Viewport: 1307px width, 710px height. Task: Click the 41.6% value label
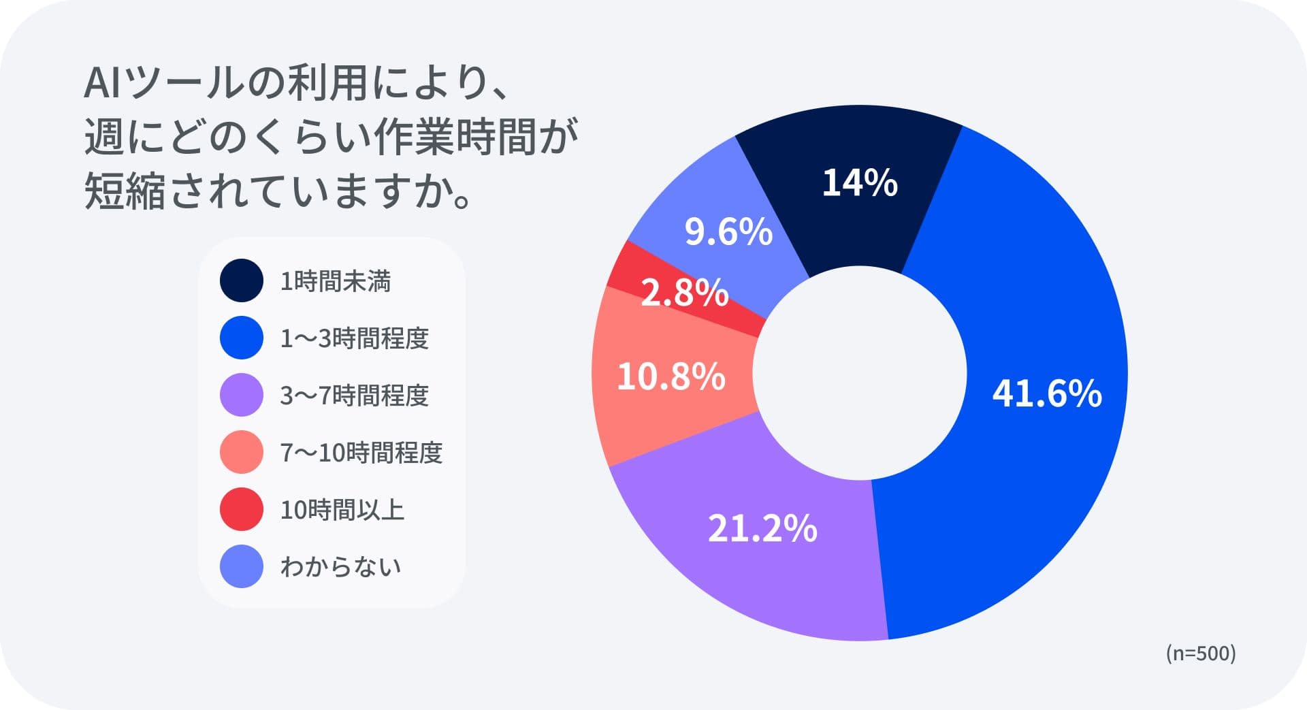point(1046,393)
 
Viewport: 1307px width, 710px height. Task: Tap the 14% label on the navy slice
point(860,182)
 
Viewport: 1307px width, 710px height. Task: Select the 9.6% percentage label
point(728,231)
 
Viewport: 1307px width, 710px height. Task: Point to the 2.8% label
point(684,293)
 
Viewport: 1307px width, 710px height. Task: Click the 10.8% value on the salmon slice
point(671,376)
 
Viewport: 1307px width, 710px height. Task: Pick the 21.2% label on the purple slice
point(762,528)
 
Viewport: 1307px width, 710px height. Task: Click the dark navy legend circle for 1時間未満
point(242,280)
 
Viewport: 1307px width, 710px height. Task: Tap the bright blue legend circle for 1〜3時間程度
point(242,338)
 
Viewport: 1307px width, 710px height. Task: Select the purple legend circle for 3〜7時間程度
point(242,395)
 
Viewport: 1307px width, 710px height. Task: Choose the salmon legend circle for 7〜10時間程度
point(242,452)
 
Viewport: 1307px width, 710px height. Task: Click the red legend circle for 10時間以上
point(242,509)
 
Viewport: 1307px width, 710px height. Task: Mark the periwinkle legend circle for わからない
point(242,566)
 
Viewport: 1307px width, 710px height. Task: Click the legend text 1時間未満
point(335,281)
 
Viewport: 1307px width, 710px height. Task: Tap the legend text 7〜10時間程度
point(361,453)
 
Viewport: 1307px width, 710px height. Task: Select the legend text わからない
point(340,567)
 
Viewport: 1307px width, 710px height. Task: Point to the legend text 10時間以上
point(342,510)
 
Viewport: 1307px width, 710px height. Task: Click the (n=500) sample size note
point(1200,653)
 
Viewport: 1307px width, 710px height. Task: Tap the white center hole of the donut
point(859,373)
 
